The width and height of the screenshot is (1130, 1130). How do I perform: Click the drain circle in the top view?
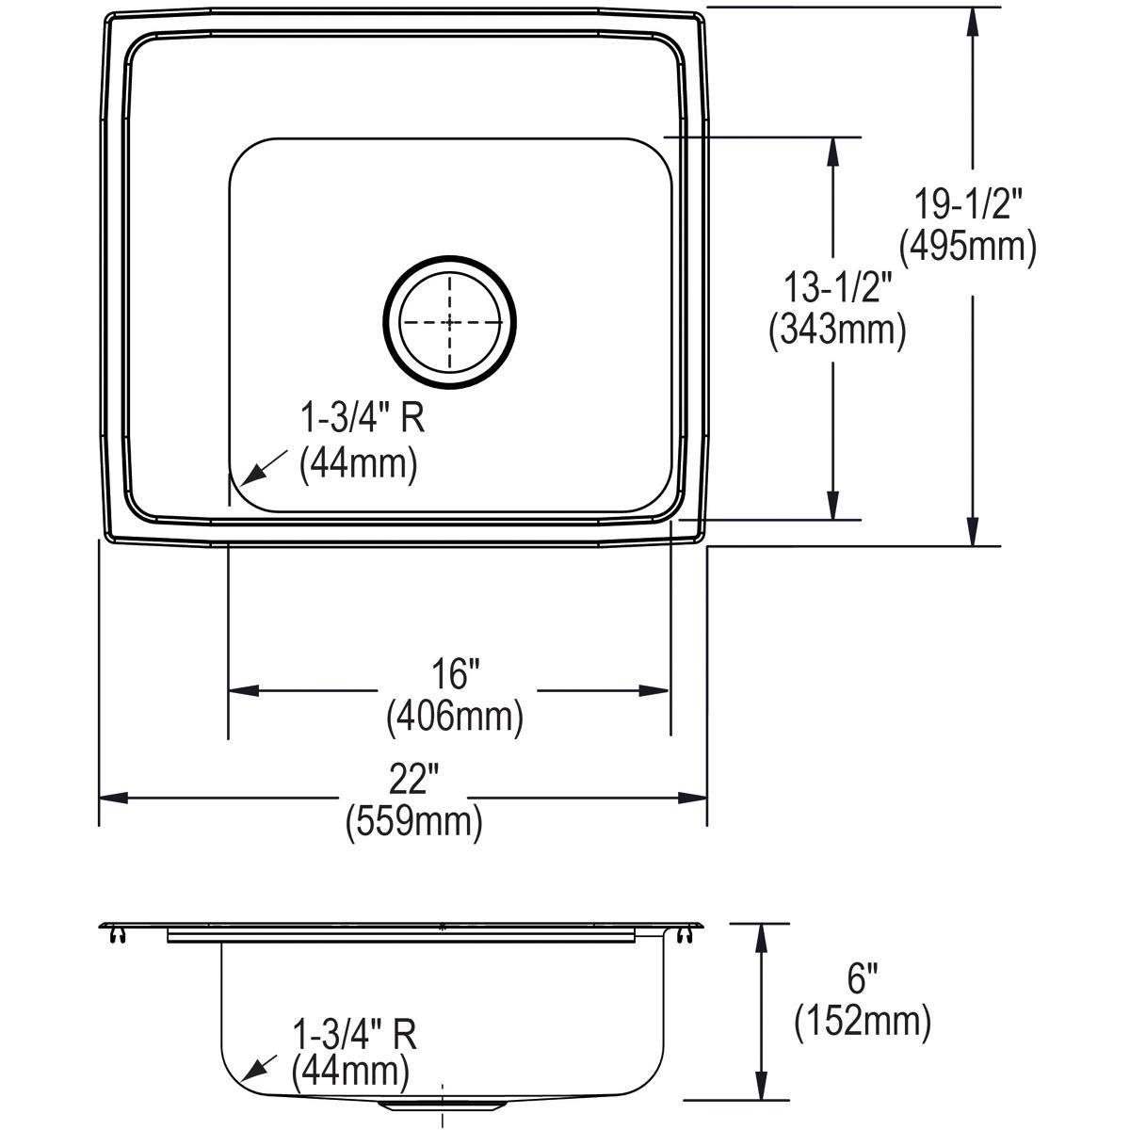click(450, 322)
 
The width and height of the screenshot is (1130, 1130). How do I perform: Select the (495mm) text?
click(968, 247)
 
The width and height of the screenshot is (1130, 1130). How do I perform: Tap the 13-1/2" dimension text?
click(832, 287)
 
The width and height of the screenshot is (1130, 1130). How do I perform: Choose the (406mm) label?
click(454, 718)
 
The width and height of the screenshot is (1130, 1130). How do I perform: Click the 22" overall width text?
click(414, 780)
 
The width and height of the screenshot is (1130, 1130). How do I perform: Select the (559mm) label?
click(414, 822)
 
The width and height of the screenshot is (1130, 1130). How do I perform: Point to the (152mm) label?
click(863, 1021)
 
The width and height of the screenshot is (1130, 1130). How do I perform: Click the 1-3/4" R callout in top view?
click(363, 419)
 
